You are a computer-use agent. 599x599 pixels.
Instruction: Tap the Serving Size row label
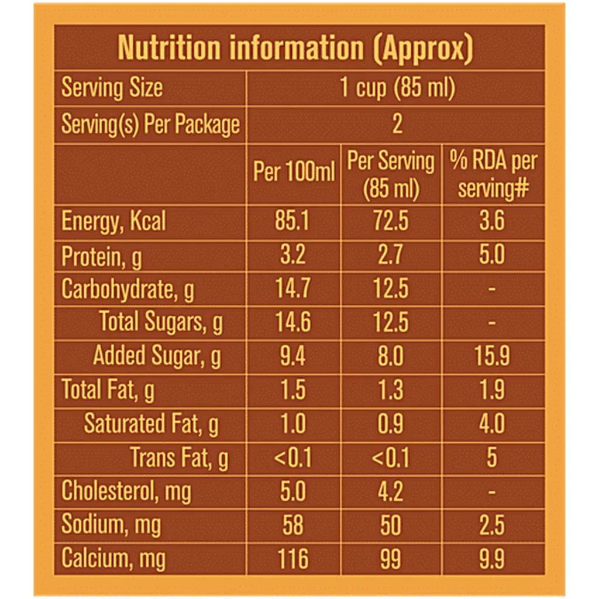112,88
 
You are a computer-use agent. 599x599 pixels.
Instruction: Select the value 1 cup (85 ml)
397,88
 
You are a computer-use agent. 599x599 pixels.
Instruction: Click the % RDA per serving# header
493,174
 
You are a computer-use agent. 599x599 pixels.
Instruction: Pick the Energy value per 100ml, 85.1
293,222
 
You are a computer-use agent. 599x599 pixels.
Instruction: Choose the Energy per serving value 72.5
391,222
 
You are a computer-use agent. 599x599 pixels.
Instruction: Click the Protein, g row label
101,256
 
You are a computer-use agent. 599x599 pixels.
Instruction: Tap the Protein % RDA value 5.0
492,256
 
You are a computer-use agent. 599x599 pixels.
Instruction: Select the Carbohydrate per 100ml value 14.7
293,289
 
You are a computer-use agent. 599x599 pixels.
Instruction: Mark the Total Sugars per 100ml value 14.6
293,322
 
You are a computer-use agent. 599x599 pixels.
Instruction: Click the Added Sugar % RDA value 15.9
492,356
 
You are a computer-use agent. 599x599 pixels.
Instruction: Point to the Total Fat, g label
108,390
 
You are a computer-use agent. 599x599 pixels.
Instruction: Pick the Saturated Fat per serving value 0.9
391,424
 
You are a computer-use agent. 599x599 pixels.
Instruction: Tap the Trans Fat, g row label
179,457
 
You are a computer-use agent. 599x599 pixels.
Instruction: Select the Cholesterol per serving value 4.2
391,491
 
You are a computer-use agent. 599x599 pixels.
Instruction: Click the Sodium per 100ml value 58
293,525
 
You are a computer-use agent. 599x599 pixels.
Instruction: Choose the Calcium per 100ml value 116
293,559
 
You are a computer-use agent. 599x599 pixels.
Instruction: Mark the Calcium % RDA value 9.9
492,559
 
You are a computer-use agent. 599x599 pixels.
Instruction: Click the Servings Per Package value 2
397,124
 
